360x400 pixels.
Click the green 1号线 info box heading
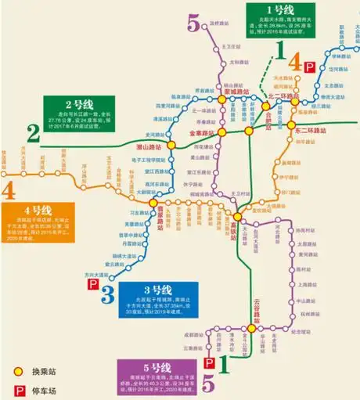(279, 10)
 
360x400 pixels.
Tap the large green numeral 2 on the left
(33, 133)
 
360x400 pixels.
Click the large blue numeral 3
(107, 294)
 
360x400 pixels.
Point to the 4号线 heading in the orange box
(38, 211)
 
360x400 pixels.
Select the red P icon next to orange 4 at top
(310, 68)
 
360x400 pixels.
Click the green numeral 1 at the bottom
(222, 362)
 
